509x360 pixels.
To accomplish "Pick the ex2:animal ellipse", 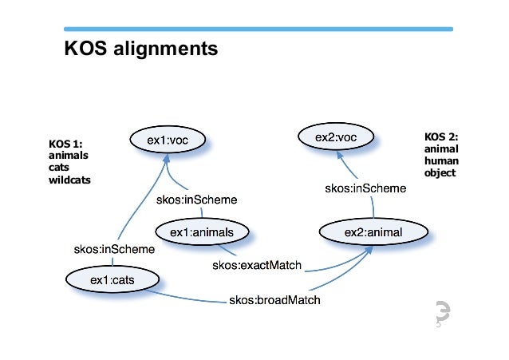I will pos(373,232).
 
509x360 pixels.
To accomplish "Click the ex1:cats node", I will pos(112,279).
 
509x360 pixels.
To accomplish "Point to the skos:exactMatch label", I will pos(256,265).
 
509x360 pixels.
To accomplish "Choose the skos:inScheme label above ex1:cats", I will pos(114,249).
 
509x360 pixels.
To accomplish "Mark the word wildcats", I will pos(70,180).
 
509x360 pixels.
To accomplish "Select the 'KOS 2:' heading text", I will pos(440,137).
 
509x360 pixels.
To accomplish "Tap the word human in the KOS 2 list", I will pos(441,160).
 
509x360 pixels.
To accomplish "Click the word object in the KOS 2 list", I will pos(440,172).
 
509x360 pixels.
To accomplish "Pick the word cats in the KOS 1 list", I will pos(61,168).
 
